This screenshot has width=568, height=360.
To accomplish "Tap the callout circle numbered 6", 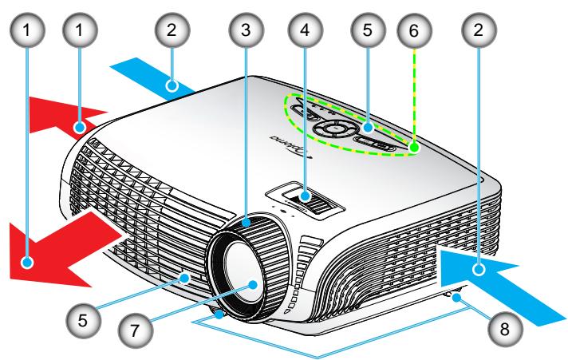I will [413, 30].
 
